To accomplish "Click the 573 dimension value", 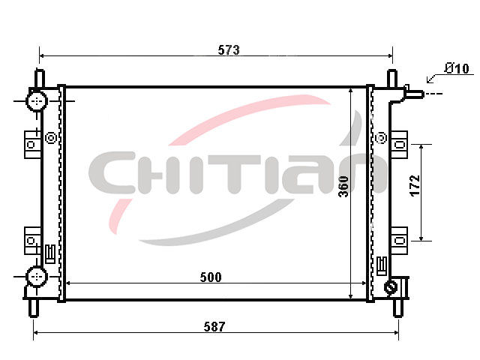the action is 229,50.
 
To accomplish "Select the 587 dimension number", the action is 214,327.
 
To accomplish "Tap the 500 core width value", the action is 211,277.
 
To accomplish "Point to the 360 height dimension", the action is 343,187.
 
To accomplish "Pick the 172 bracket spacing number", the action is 415,185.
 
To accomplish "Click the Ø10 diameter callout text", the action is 457,68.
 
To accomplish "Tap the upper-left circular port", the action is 37,100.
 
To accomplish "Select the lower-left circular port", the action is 37,277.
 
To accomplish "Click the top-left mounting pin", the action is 40,79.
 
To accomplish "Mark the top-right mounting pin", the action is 392,79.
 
